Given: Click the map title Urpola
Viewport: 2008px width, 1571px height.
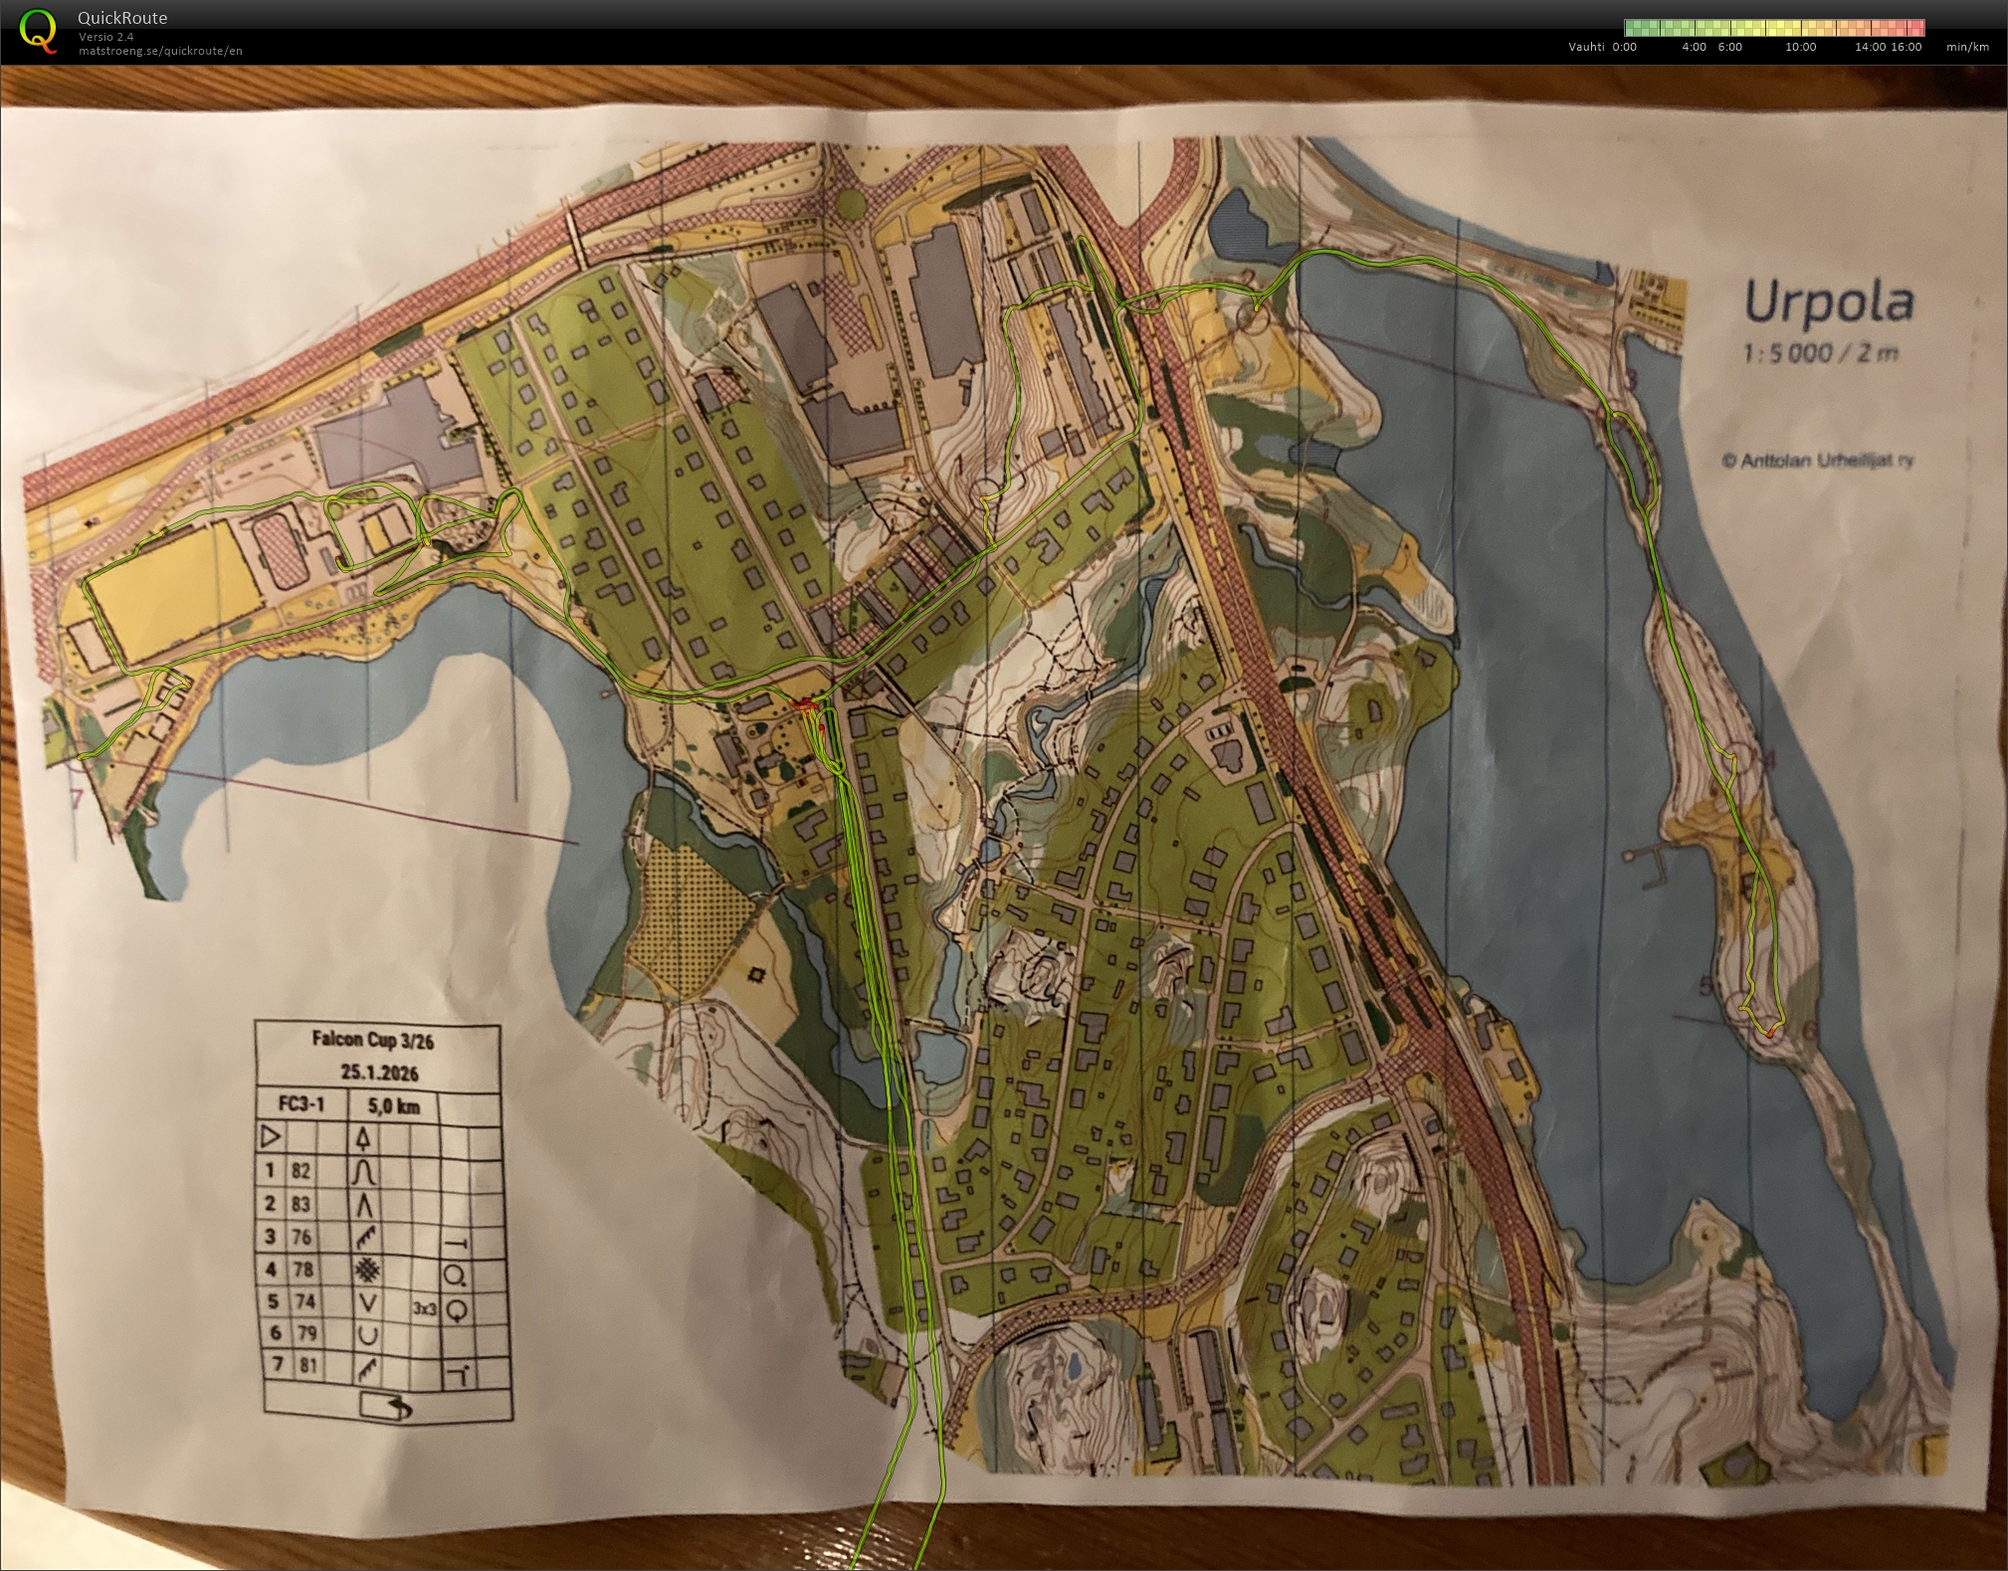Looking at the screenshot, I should click(1828, 302).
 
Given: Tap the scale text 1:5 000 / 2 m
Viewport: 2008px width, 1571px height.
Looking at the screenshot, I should click(1820, 353).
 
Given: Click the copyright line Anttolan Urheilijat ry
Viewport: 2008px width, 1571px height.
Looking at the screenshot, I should click(1818, 461).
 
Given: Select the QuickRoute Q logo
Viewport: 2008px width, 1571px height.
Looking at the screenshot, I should click(38, 31).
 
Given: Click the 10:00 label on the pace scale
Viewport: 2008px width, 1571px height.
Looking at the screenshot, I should click(1800, 47).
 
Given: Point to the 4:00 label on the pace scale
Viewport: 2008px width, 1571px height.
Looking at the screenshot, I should click(1694, 47).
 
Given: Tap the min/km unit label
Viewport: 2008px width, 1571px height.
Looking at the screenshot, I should click(1967, 47).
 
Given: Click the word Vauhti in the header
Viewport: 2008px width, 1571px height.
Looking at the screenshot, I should click(1586, 47).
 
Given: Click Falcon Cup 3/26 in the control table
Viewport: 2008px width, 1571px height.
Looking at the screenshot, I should click(372, 1040).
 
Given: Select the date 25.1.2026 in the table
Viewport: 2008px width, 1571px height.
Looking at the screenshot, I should click(379, 1072).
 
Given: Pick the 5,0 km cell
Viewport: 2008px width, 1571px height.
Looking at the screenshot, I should click(394, 1106).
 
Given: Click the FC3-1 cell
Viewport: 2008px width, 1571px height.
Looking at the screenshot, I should click(302, 1104).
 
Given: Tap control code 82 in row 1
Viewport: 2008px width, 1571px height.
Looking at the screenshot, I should click(301, 1171).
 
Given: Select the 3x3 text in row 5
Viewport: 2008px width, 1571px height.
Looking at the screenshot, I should click(425, 1308).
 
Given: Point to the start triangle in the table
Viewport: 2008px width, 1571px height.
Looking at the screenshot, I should click(270, 1135).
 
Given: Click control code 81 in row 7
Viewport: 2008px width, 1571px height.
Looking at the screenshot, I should click(307, 1365).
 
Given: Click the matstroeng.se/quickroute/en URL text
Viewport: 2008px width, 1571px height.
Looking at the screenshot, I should click(160, 51).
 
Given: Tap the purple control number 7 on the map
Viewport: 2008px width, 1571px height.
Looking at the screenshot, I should click(77, 799).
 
